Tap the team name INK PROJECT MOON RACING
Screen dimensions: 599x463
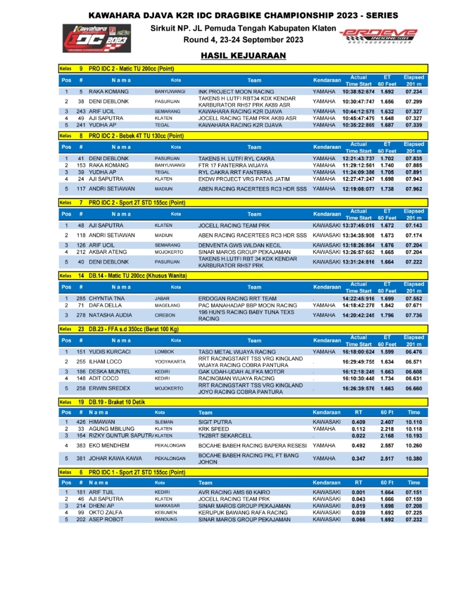tap(236, 91)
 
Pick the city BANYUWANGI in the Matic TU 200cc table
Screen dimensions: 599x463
tap(170, 91)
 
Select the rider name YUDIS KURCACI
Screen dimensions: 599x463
tap(111, 351)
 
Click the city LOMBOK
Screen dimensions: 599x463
tap(164, 351)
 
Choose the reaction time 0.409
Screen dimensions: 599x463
tap(359, 422)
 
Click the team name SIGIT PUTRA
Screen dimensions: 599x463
tap(215, 422)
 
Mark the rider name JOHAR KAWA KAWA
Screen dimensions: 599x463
tap(116, 458)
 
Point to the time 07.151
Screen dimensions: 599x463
tap(414, 492)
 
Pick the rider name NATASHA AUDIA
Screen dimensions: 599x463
tap(111, 315)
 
